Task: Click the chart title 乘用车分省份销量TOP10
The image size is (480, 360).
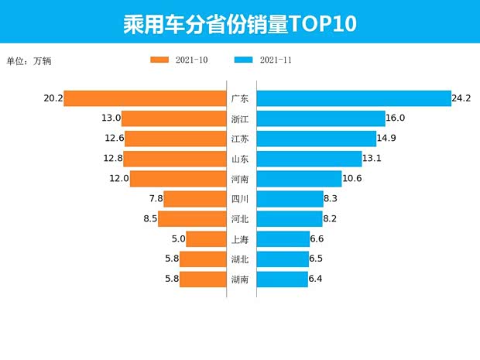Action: (x=239, y=23)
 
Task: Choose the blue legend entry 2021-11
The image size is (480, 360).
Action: (x=262, y=60)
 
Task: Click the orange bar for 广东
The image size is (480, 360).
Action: (x=145, y=98)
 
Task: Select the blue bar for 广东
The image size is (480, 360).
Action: (x=354, y=98)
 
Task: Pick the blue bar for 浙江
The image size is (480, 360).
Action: (x=321, y=118)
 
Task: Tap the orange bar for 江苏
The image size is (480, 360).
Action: (x=175, y=139)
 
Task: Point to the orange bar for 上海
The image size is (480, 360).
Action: (x=206, y=239)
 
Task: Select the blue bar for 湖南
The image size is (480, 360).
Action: (x=282, y=279)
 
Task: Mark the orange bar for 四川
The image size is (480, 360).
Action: (x=194, y=199)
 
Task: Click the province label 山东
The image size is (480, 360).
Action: (x=240, y=159)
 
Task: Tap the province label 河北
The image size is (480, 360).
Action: (x=240, y=219)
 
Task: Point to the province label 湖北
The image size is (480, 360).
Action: (x=240, y=259)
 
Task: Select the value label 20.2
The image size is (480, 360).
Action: (x=53, y=98)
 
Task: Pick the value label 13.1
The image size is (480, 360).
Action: (x=372, y=159)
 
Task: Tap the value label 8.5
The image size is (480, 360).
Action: (x=150, y=219)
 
